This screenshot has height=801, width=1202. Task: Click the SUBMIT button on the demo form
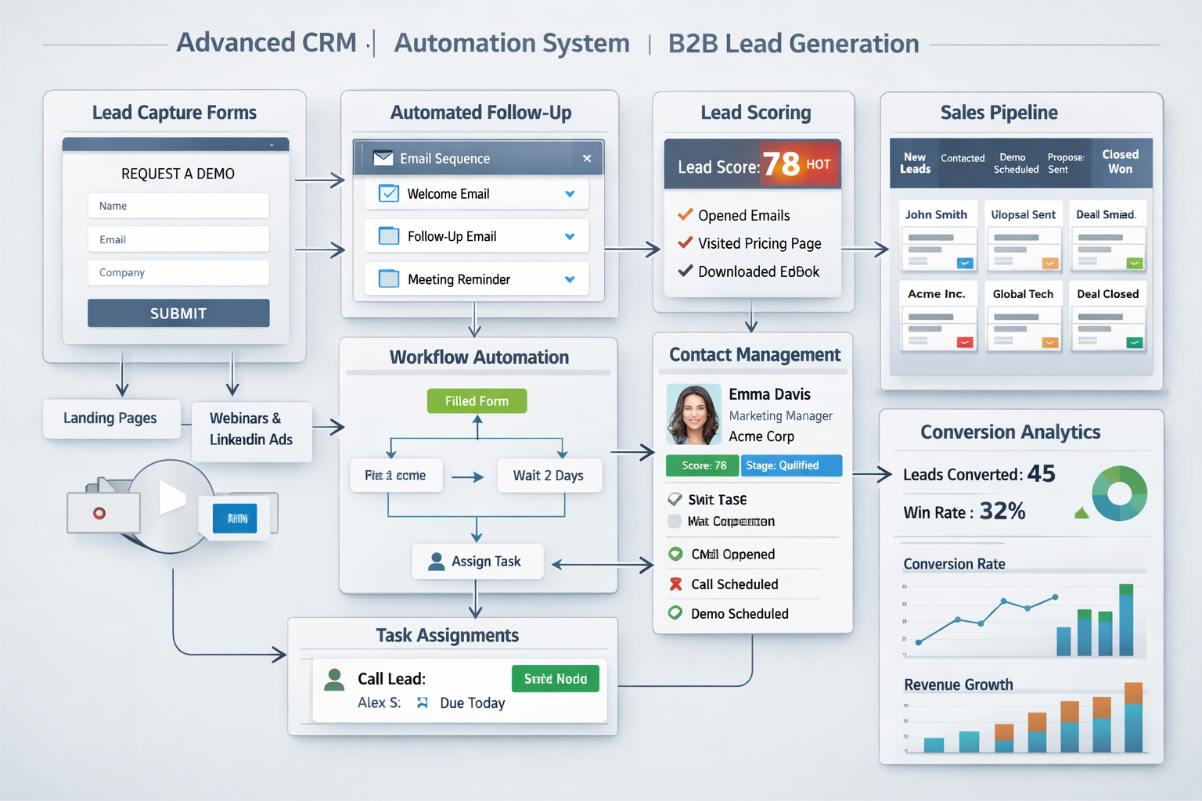coord(178,313)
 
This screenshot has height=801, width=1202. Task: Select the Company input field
coord(178,272)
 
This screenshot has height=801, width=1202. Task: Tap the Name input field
coord(178,206)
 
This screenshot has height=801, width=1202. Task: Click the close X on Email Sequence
coord(587,158)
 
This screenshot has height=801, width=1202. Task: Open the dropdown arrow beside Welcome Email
coord(570,194)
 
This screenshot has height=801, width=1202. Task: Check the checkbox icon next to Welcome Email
coord(389,193)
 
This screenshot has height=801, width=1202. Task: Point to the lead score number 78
coord(781,164)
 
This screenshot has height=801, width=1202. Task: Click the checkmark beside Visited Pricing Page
coord(685,242)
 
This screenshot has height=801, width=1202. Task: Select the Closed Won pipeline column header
coord(1120,161)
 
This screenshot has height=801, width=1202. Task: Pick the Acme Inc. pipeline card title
coord(937,294)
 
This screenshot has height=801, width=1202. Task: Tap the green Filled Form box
coord(477,401)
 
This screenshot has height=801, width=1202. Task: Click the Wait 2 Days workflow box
coord(549,476)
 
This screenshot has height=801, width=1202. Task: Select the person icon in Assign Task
coord(437,561)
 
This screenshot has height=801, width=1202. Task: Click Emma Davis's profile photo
coord(693,415)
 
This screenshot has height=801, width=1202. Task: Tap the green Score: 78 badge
coord(703,465)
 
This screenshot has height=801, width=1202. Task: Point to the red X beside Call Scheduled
coord(675,584)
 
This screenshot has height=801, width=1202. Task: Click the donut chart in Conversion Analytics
coord(1120,494)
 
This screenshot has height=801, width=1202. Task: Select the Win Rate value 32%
coord(1002,512)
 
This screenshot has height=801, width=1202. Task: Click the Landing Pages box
coord(110,418)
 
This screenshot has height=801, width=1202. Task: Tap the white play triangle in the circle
coord(171,497)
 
